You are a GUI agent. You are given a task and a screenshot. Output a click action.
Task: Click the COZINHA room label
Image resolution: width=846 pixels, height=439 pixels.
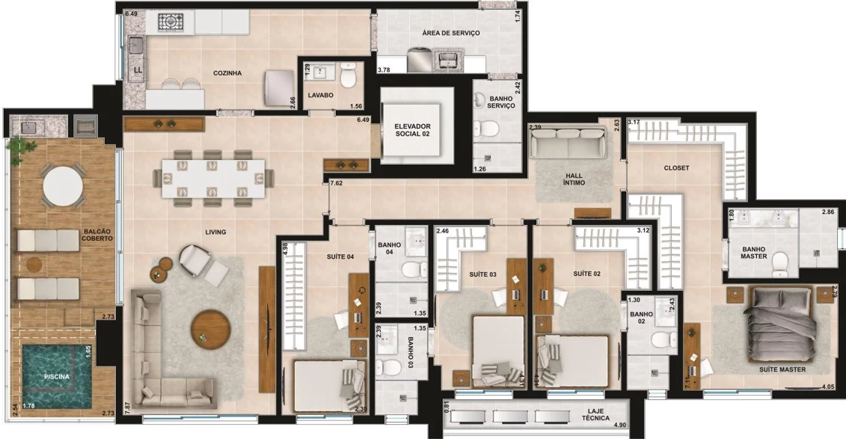[227, 73]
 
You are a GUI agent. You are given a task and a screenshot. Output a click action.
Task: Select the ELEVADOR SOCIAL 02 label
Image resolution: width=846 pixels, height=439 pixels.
[412, 130]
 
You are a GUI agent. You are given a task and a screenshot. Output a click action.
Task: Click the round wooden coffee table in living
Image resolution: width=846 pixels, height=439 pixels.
[210, 328]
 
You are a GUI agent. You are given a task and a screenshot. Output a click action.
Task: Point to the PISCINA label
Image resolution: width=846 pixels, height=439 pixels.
[57, 377]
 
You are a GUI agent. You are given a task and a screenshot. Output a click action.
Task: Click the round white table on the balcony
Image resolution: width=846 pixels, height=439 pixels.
[63, 185]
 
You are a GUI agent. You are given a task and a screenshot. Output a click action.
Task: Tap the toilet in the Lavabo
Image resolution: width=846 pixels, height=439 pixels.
[348, 76]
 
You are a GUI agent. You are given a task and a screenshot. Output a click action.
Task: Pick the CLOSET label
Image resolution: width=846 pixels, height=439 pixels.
[677, 168]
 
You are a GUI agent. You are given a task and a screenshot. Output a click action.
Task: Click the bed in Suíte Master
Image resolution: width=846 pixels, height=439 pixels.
[780, 324]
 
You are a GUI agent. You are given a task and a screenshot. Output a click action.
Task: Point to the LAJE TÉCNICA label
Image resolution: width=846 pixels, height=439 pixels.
[595, 414]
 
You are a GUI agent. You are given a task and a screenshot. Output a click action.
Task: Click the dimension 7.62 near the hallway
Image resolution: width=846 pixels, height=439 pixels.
[336, 183]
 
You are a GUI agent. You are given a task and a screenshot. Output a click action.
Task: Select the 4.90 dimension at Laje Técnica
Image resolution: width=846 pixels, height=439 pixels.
[620, 425]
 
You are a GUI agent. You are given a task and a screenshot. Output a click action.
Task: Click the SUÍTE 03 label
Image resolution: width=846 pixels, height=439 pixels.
[482, 274]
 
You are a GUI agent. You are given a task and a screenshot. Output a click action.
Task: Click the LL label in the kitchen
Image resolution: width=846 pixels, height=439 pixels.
[138, 70]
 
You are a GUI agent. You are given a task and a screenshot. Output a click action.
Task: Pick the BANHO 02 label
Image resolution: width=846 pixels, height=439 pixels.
[641, 318]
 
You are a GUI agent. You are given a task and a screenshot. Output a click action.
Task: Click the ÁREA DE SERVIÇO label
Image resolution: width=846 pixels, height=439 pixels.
[451, 33]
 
